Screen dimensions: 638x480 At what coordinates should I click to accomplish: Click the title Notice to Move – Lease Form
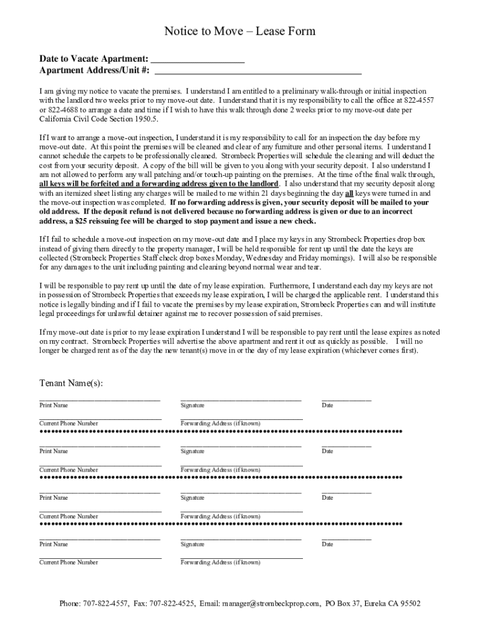tap(239, 31)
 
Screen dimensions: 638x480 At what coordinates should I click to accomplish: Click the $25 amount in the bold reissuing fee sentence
tap(79, 221)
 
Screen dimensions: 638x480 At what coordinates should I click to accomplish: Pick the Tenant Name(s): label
tap(71, 383)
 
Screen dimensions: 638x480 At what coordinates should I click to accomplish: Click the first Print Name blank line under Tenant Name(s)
tap(100, 398)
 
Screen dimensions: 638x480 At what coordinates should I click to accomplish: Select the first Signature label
tap(192, 406)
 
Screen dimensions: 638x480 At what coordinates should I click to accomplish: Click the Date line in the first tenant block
tap(346, 398)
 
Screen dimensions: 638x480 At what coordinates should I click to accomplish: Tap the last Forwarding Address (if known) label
tap(220, 562)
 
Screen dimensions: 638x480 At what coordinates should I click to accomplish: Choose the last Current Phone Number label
tap(69, 562)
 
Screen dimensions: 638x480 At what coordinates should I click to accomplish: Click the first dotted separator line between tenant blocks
tap(221, 431)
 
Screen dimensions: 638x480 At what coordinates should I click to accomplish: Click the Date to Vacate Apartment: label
tap(94, 59)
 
